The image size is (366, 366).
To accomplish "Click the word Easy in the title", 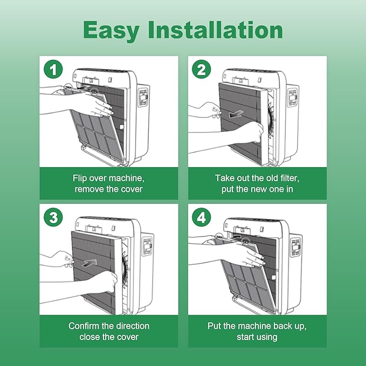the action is click(x=111, y=30).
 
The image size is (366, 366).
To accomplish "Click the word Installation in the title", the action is click(x=216, y=30).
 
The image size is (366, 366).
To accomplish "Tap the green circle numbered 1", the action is click(x=53, y=70).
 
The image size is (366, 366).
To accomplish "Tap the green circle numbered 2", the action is click(x=202, y=70).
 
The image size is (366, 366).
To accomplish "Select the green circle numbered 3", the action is click(x=53, y=217).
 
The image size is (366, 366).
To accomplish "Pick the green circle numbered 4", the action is click(x=202, y=217).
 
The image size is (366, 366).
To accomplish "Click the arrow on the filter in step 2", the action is click(x=236, y=114).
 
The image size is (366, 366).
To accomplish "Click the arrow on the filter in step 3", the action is click(x=89, y=263).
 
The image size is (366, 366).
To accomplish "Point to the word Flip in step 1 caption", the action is click(x=78, y=178).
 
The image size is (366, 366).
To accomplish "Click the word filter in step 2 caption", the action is click(x=291, y=178).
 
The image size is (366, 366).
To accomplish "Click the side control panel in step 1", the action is click(x=143, y=97).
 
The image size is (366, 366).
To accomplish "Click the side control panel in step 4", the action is click(x=295, y=247).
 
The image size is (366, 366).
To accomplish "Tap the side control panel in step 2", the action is click(x=293, y=97).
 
